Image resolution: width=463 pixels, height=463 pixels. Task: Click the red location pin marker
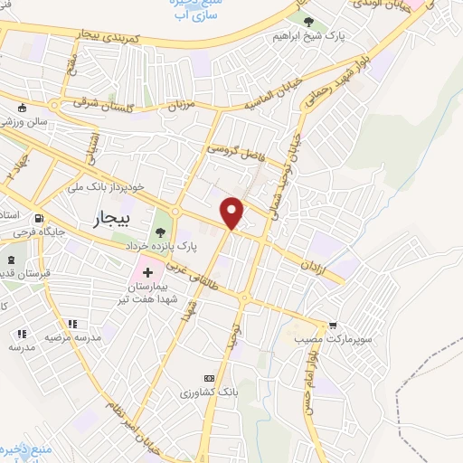pos(232,212)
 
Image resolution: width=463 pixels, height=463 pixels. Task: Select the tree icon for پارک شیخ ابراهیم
pos(309,22)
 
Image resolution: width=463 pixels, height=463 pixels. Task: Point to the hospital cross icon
pos(147,272)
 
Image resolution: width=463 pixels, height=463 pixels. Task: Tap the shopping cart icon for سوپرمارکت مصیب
pos(333,325)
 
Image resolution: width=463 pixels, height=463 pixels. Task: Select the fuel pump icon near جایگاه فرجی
pos(37,219)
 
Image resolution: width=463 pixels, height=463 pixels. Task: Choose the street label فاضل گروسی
pos(237,151)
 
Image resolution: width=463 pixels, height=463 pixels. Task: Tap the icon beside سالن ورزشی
pos(22,109)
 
